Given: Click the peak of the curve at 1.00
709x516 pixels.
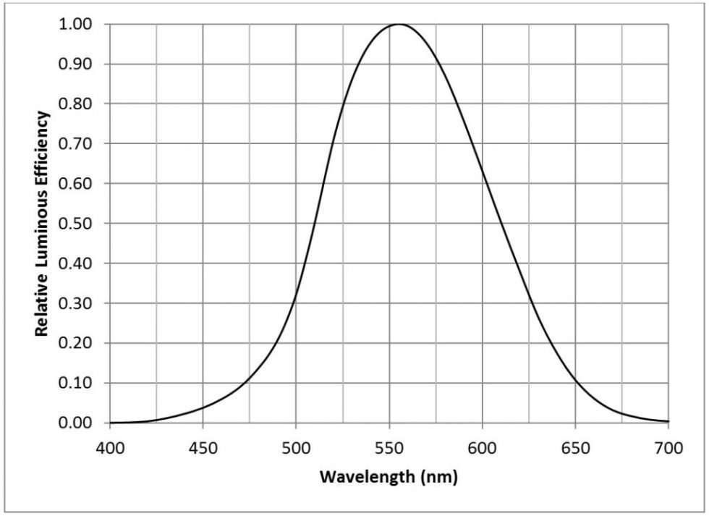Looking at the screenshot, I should (x=399, y=25).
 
